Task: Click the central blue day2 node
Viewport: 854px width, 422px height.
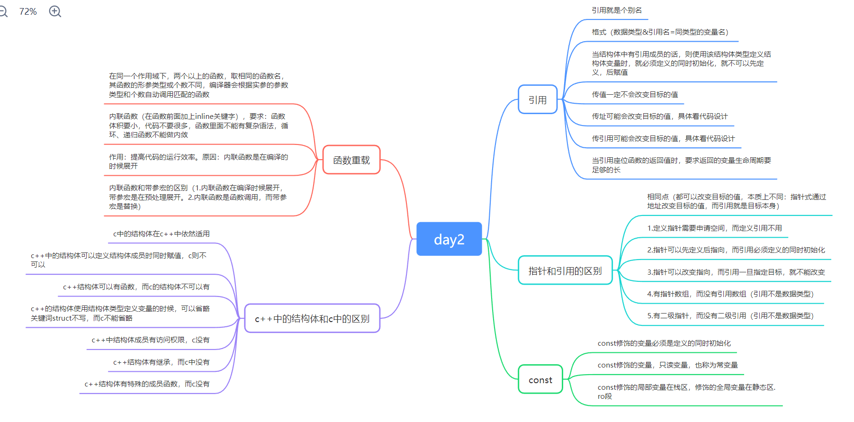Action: (449, 239)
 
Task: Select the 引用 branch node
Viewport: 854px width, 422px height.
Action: (537, 99)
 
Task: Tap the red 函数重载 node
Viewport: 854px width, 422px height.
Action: (351, 160)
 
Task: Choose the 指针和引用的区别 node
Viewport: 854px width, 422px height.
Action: (565, 270)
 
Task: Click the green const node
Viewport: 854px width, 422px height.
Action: (540, 379)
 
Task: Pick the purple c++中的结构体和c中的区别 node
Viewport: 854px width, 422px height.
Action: (312, 319)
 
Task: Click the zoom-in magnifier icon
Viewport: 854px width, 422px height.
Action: (55, 11)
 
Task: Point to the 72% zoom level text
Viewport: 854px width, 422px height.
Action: (28, 11)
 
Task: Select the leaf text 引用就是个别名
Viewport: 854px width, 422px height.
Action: (616, 10)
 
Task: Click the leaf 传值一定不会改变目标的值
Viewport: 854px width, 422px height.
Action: (634, 94)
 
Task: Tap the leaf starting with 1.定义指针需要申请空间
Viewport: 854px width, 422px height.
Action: (714, 228)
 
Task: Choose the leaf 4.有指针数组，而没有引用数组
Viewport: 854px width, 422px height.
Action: (730, 294)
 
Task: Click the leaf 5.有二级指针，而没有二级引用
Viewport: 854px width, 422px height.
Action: (730, 315)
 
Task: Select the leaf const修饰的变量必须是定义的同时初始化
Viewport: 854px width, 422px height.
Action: (664, 343)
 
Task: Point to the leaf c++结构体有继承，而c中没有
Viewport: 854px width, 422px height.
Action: (161, 362)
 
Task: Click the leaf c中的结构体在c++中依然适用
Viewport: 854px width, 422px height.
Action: (161, 233)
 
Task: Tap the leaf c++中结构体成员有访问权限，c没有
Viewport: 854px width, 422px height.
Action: (150, 340)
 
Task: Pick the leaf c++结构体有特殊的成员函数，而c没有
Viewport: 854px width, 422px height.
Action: (147, 384)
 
